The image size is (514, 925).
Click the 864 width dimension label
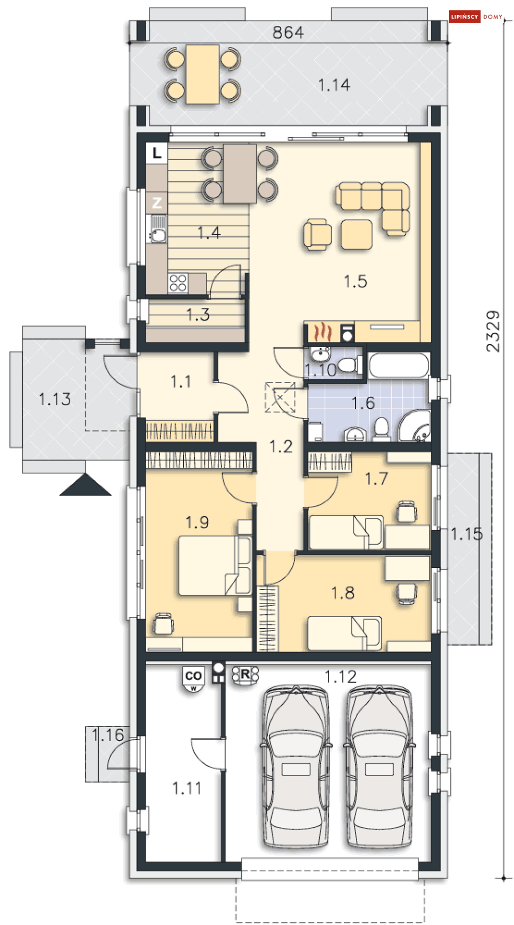point(288,33)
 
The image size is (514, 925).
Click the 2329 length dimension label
point(493,331)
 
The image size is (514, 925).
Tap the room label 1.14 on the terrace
point(334,85)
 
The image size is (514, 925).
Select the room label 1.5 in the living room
point(355,281)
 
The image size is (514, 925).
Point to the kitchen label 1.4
point(209,233)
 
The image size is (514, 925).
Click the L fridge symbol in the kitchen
point(157,152)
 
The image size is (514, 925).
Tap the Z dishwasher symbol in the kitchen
point(157,203)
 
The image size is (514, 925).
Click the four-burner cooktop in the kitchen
point(178,283)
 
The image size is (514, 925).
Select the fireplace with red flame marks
point(322,332)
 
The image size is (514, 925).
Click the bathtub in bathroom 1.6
point(399,365)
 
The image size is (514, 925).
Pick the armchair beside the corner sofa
point(318,235)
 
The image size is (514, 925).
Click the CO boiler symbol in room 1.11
point(194,679)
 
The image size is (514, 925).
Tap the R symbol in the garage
point(245,675)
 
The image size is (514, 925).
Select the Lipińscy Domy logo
point(476,17)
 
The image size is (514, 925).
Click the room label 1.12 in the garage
point(340,676)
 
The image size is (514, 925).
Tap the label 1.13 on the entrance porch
point(55,399)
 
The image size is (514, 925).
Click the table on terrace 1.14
point(203,74)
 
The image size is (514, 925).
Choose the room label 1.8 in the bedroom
point(343,593)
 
